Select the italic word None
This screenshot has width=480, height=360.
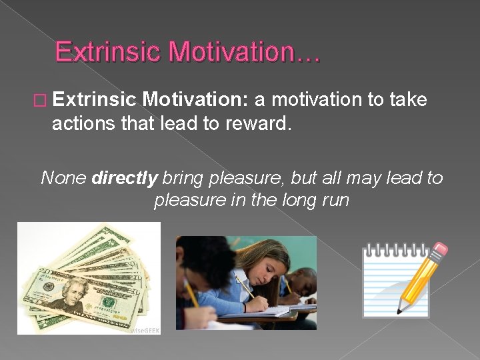64,178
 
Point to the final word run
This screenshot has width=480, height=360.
334,200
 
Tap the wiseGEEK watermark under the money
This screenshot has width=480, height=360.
145,329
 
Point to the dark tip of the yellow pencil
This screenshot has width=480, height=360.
400,310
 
